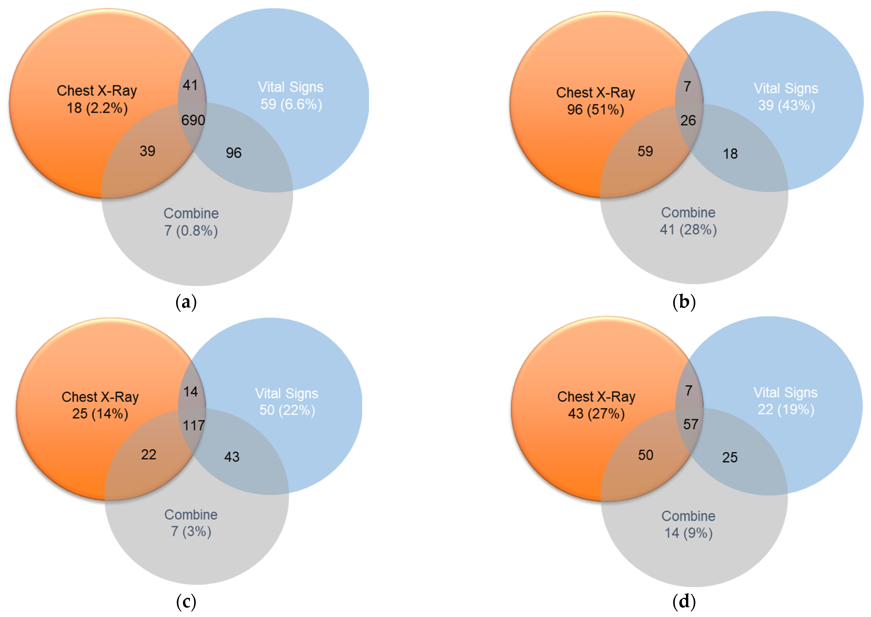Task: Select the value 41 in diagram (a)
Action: [190, 85]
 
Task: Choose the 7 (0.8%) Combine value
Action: [191, 231]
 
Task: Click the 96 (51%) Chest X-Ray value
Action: [595, 110]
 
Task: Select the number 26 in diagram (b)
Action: [688, 121]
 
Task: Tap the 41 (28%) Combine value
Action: [688, 229]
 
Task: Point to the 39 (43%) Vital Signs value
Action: [786, 105]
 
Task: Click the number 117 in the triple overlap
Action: [194, 425]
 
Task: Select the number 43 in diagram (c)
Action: [232, 457]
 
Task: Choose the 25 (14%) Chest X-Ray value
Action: [100, 413]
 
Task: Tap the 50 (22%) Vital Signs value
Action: [287, 410]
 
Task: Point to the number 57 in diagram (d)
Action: [690, 424]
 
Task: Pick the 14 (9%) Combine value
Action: [688, 533]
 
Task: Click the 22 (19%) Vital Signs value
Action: [786, 409]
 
